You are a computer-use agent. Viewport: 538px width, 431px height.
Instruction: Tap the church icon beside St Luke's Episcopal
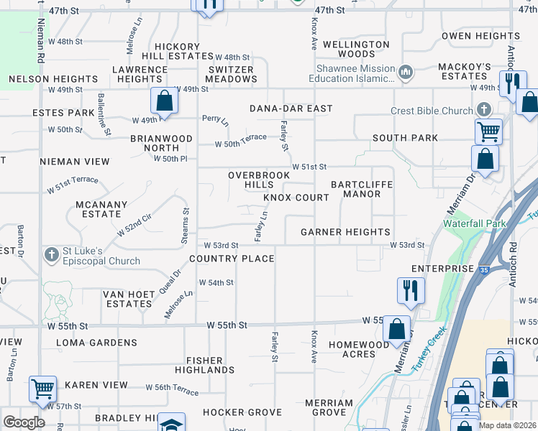[51, 255]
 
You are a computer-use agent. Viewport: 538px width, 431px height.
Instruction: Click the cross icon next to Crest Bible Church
[484, 110]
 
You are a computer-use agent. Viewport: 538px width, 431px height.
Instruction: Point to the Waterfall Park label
[475, 223]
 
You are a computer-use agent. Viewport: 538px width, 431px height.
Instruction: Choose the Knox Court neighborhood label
[296, 198]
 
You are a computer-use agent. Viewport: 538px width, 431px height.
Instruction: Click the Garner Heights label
[345, 232]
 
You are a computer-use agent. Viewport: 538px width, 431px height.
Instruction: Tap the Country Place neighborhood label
[232, 259]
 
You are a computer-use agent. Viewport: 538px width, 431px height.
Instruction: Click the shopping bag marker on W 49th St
[164, 101]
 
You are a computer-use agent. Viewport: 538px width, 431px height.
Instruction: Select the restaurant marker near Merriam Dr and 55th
[410, 290]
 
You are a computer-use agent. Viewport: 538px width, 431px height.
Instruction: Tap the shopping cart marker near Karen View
[42, 389]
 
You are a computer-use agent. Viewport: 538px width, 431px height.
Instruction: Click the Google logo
[24, 422]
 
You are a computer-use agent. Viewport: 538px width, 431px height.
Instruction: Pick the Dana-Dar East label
[291, 108]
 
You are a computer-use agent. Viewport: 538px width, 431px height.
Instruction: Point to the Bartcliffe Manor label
[362, 189]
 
